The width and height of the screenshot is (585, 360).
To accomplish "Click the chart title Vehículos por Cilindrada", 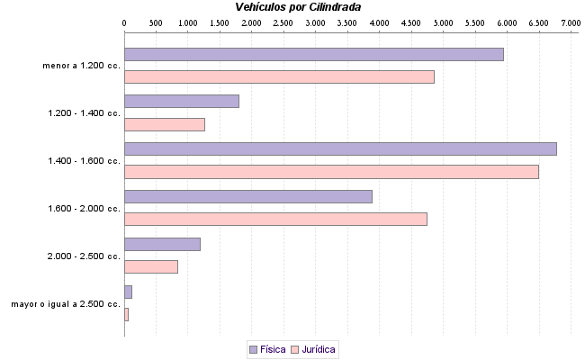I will point(297,6).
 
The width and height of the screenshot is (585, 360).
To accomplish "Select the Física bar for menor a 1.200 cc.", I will point(313,54).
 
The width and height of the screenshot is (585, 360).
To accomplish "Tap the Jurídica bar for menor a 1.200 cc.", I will point(279,76).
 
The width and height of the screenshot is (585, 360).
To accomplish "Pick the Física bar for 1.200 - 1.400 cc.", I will point(181,101).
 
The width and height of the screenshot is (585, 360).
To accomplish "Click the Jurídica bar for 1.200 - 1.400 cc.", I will point(164,124).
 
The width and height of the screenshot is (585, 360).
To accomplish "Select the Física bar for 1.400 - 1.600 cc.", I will point(340,148).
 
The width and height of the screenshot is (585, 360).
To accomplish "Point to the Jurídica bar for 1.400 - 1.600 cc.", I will point(331,172).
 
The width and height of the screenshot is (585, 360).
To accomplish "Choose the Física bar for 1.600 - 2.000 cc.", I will point(247,196).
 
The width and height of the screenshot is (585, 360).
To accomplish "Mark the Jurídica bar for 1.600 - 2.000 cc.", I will point(275,219).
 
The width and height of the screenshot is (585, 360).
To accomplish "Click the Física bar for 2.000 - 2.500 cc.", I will point(162,244).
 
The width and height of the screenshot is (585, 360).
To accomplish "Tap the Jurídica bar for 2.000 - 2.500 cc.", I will point(150,266).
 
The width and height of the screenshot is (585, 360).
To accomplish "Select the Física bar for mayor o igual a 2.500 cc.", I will point(128,292).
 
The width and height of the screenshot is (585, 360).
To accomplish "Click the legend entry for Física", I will point(267,349).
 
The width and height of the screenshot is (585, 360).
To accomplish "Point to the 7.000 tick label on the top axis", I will point(571,22).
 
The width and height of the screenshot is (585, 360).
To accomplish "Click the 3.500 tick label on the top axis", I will point(347,22).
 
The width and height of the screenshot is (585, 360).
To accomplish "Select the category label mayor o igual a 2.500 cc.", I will point(66,304).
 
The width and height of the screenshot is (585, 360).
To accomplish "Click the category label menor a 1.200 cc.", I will point(81,66).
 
